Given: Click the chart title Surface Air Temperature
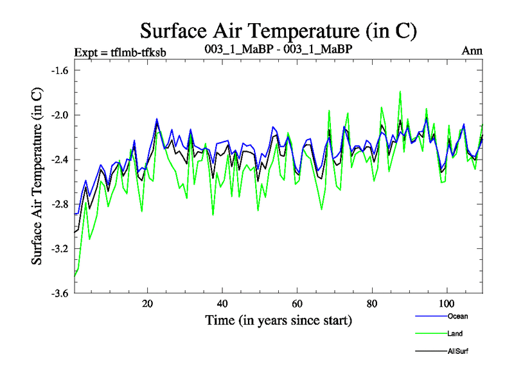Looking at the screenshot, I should tap(279, 31).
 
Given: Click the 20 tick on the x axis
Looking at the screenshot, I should tap(148, 303).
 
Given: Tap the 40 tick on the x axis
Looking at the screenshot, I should tap(222, 303).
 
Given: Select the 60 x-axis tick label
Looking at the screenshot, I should tap(297, 303).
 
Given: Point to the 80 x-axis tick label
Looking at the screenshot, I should tap(371, 303).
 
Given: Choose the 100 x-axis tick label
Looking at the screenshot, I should tap(446, 303).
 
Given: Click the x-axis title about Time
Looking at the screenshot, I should tap(278, 320).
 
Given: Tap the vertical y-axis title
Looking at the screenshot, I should tap(37, 176).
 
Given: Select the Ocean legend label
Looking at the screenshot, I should tap(457, 317).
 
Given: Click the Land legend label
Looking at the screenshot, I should tap(455, 334).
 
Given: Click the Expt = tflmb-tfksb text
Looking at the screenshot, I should tap(121, 52).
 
